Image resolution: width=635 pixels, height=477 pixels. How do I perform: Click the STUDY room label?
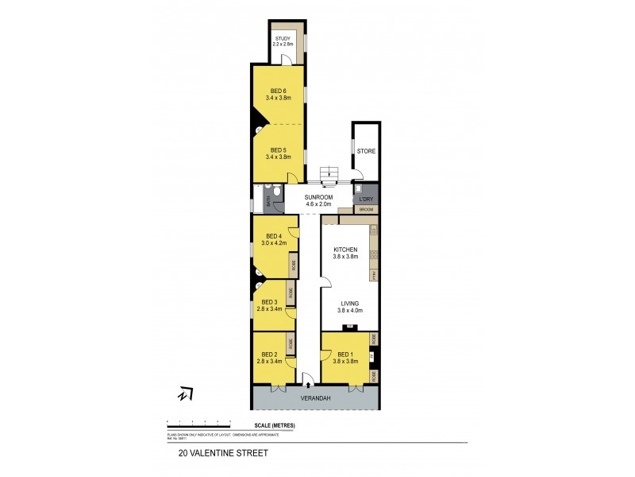tap(283, 38)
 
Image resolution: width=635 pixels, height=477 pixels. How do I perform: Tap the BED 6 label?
tap(277, 90)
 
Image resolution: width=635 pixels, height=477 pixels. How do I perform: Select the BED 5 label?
tap(277, 149)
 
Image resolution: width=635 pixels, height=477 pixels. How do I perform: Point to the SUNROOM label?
tap(316, 197)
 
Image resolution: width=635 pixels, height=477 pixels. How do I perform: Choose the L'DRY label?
tap(366, 199)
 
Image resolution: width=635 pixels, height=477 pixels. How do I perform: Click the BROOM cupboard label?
tap(366, 210)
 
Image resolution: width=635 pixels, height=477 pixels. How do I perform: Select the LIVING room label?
tap(350, 303)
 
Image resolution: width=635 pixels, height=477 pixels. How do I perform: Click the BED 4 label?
tap(274, 235)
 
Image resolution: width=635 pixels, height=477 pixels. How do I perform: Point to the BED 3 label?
tap(270, 301)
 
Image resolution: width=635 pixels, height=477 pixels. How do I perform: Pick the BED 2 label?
tap(270, 354)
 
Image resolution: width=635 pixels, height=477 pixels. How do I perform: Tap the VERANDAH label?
tap(316, 397)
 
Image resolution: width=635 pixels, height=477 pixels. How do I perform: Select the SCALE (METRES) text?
tap(274, 426)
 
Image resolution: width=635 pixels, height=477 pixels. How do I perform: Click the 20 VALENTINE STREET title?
tap(223, 454)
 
